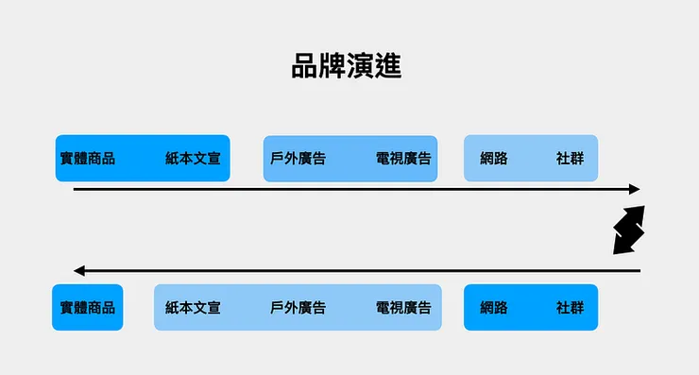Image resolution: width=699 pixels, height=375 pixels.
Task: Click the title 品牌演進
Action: click(347, 66)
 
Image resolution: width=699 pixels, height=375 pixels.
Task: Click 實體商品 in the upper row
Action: click(87, 159)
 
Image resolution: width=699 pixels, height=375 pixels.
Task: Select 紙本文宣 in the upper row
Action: click(193, 159)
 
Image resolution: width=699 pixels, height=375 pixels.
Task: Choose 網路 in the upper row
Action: click(494, 159)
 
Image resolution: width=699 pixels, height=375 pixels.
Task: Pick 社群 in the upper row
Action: click(570, 159)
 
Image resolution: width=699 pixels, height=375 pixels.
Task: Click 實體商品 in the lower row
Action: click(87, 308)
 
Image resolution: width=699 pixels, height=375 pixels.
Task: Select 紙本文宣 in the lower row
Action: click(193, 308)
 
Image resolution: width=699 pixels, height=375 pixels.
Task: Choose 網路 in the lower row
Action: click(494, 308)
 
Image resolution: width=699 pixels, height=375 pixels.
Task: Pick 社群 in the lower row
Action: click(570, 308)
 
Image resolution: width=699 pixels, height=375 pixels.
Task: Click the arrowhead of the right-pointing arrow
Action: click(636, 189)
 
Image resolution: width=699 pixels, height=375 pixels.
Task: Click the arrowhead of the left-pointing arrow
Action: click(79, 271)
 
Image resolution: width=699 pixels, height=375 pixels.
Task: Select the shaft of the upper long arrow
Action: click(349, 189)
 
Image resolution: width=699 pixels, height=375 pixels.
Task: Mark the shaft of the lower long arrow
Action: click(359, 271)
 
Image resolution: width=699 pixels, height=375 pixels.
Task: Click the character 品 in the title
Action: click(305, 66)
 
